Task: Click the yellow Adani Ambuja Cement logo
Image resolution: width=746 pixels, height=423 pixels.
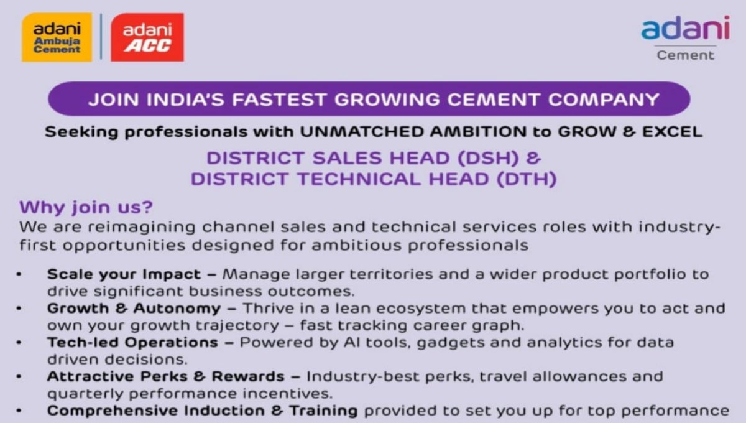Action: pos(57,37)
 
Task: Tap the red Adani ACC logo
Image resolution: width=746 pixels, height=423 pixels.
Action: pos(147,37)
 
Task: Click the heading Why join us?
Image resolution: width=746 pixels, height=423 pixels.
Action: pos(86,207)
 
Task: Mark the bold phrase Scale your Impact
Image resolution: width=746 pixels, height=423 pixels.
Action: pos(124,274)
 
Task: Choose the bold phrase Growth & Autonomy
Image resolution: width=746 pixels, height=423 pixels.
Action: pos(134,309)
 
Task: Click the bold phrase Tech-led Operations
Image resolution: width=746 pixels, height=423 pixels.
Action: pos(132,343)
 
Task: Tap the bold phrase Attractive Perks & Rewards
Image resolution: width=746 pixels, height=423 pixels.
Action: pos(166,377)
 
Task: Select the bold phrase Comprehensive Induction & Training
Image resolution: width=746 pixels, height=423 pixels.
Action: pos(203,411)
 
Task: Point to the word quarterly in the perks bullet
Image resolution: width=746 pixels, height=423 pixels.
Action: pos(85,394)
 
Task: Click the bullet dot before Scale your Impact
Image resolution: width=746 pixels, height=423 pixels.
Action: pos(21,274)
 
